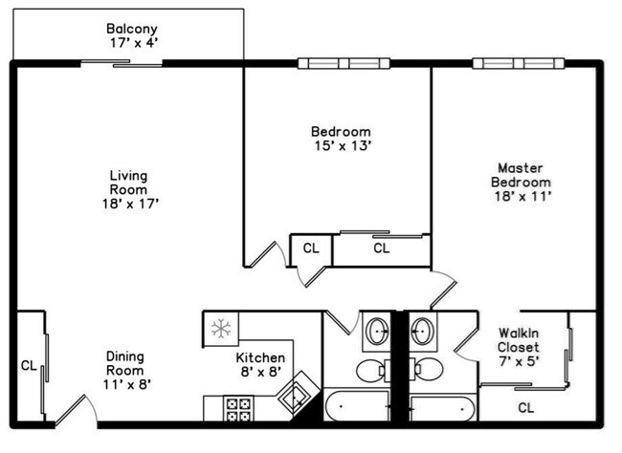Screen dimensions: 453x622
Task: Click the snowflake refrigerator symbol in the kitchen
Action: [x=221, y=330]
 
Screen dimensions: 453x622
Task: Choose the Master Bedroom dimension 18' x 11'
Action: [x=521, y=196]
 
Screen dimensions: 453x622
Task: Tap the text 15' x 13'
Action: [x=340, y=146]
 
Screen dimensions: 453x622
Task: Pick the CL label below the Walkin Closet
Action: [x=525, y=407]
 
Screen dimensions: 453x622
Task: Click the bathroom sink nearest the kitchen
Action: [x=377, y=332]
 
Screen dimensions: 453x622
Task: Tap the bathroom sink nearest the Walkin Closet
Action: [x=422, y=332]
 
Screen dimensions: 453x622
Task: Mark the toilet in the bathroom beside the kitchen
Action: [x=371, y=369]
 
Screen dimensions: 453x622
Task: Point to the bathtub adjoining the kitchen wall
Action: [x=355, y=408]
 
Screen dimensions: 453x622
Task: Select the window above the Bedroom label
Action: [x=344, y=63]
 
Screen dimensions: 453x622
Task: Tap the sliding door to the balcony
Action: [x=121, y=63]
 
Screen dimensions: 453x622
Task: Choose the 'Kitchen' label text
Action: [x=260, y=358]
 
